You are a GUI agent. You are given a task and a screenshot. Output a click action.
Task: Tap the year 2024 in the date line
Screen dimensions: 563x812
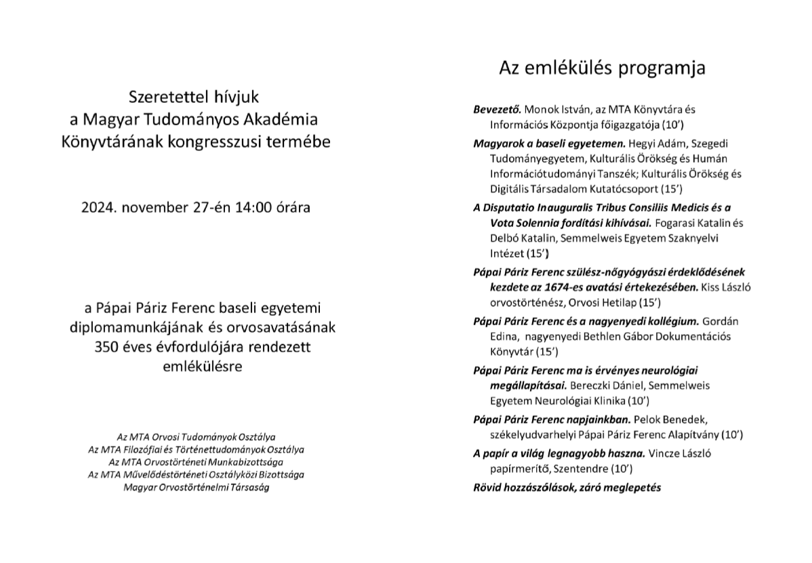(99, 207)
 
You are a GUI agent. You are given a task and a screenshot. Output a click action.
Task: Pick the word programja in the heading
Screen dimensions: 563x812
(664, 68)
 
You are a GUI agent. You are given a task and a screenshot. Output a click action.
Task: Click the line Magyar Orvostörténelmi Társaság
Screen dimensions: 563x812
(196, 488)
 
